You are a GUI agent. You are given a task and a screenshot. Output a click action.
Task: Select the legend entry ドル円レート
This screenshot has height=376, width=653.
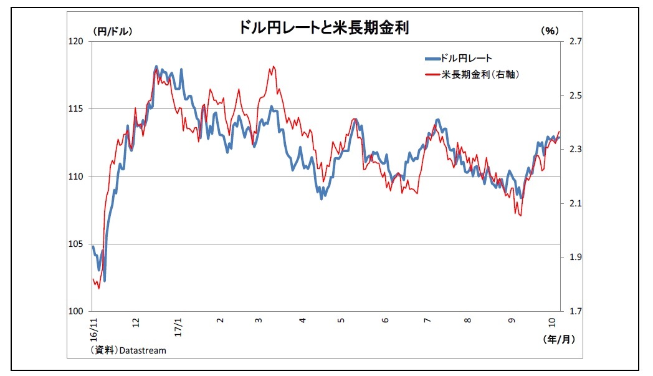466,59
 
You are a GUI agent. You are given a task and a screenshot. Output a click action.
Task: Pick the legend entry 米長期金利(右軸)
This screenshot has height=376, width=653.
480,74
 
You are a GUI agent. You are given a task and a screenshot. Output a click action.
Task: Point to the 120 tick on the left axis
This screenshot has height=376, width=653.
77,42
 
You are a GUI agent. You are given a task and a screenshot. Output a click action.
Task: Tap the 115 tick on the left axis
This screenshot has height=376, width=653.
77,109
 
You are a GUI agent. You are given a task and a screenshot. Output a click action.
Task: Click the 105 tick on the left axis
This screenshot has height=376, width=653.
77,244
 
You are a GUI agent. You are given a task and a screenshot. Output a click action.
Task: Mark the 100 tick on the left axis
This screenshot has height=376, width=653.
77,311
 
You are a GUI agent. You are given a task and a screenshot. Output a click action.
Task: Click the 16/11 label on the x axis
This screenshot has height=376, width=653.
94,327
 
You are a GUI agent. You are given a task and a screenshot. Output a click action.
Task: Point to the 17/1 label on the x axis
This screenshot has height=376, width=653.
178,325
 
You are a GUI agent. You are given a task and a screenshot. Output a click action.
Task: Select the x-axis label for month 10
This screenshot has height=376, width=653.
552,321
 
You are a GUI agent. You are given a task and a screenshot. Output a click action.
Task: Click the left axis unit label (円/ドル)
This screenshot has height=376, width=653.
113,31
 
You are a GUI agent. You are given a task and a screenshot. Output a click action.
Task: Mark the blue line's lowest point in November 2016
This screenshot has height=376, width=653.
105,281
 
